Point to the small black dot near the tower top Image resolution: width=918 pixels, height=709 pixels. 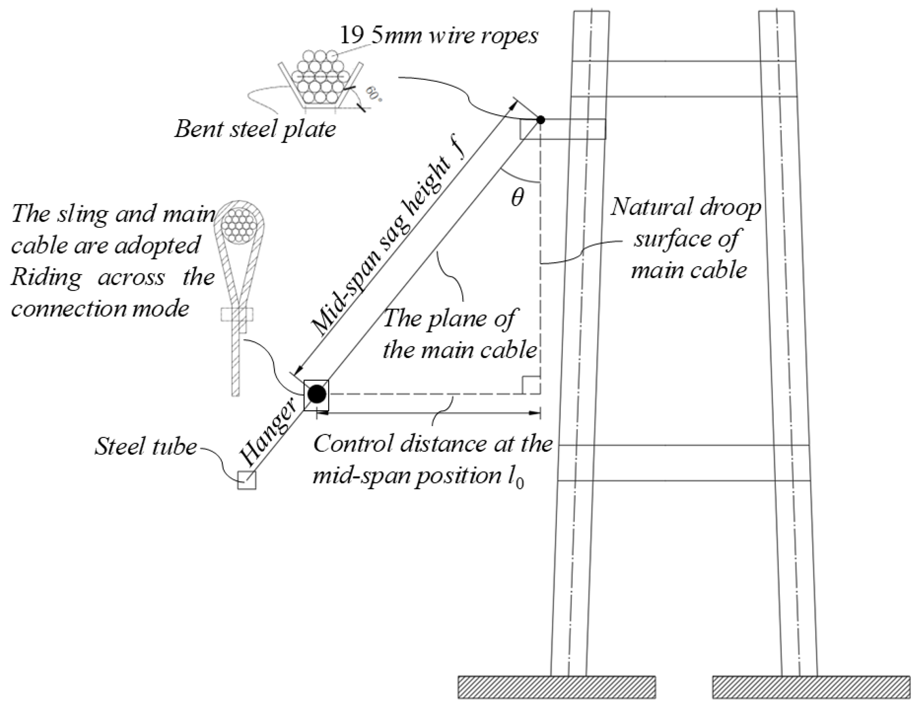(x=540, y=120)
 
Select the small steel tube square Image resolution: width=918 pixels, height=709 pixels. (x=247, y=480)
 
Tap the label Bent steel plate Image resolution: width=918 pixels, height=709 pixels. (x=255, y=129)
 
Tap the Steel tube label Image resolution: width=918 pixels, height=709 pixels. (x=145, y=446)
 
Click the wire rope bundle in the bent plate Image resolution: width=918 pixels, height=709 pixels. (x=321, y=78)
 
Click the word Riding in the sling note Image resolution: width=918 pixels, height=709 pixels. (x=46, y=278)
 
